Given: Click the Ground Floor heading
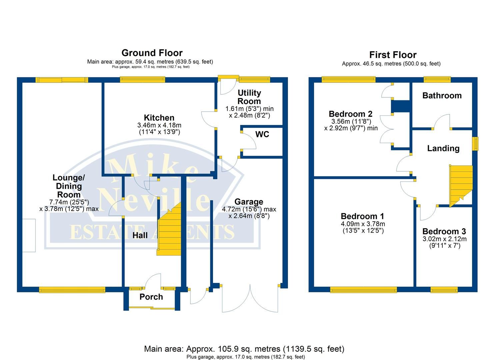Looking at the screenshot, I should tap(152, 53).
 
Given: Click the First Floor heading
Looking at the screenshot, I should tap(393, 55).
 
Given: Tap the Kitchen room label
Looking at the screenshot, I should tap(159, 118).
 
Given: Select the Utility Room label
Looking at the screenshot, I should tap(249, 97).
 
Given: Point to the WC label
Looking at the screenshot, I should tap(262, 134).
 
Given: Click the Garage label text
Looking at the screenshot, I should tap(249, 202).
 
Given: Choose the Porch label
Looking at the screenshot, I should tap(151, 297).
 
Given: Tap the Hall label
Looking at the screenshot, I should tap(140, 235).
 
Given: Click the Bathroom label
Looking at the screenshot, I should tap(442, 96).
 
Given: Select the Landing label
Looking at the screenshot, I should tap(443, 148).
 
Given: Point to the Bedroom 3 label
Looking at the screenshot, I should tap(444, 231).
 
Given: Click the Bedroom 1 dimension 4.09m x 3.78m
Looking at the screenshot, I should tap(363, 224).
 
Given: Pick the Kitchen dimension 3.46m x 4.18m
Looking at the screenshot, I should tap(159, 125).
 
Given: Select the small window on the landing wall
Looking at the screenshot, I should tap(475, 144).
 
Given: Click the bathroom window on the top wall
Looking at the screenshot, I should tap(437, 79).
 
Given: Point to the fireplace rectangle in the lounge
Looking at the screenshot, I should tap(29, 235).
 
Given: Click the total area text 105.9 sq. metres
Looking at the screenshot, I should tap(244, 349).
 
